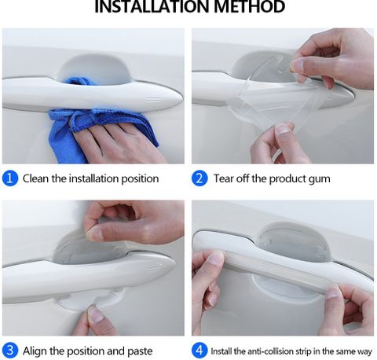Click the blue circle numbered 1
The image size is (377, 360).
coord(10,178)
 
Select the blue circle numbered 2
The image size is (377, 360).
coord(199,178)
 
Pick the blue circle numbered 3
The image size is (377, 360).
coord(10,351)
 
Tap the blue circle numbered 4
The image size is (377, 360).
coord(199,351)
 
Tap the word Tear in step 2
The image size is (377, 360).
coord(224,178)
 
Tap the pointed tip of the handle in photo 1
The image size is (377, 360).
coord(181,100)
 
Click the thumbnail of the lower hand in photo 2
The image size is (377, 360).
coord(283,129)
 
